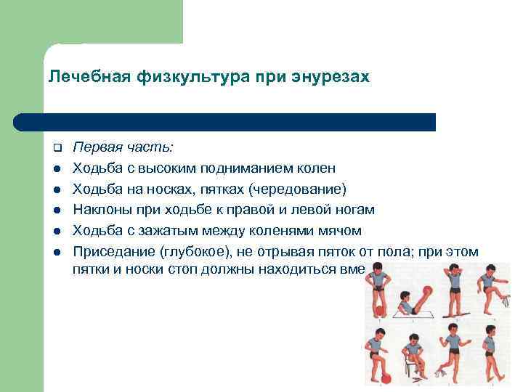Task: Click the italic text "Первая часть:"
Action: [x=123, y=147]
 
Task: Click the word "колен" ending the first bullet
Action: [x=316, y=168]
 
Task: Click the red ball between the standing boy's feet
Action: [x=379, y=310]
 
